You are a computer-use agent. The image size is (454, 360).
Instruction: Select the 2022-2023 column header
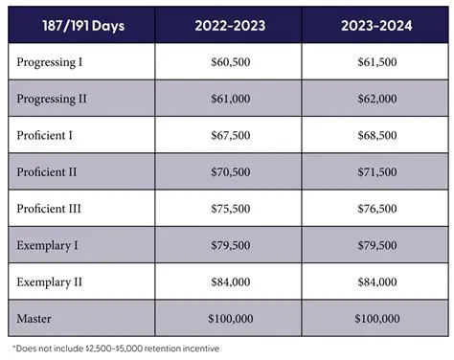point(225,27)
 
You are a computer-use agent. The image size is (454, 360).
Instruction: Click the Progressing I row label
point(50,61)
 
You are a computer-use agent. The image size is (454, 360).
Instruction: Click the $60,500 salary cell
point(225,61)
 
